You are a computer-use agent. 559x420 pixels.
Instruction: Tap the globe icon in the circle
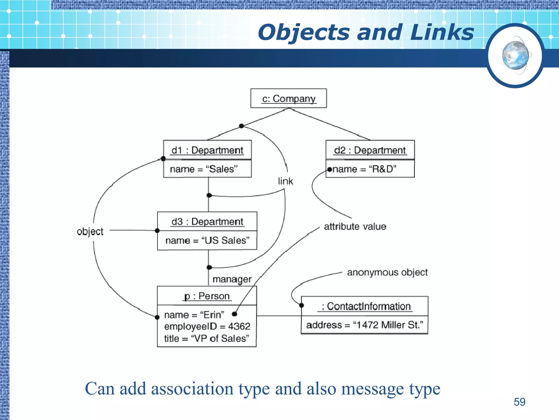(x=516, y=56)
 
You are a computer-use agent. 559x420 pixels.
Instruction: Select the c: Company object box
(x=289, y=98)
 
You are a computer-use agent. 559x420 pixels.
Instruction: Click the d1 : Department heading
(x=207, y=150)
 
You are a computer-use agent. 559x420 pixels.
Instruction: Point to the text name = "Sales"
(x=204, y=169)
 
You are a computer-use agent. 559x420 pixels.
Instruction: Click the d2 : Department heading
(x=370, y=150)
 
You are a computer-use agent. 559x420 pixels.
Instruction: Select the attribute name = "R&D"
(x=364, y=169)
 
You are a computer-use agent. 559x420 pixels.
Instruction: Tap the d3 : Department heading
(x=207, y=222)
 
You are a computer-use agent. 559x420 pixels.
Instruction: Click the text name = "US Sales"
(x=207, y=241)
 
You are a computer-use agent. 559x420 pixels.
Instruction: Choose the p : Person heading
(x=207, y=296)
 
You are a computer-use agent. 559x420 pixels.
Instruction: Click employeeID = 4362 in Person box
(x=207, y=326)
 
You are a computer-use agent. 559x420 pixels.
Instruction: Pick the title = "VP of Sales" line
(x=206, y=339)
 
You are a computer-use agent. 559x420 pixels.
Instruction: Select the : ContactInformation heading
(x=366, y=307)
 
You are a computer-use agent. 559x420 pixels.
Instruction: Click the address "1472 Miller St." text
(x=364, y=325)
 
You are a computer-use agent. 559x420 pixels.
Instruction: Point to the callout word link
(x=286, y=181)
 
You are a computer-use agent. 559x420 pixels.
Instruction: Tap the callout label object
(x=90, y=232)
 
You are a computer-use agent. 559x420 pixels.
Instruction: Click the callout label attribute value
(x=355, y=227)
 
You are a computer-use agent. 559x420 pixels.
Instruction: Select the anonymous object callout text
(x=387, y=273)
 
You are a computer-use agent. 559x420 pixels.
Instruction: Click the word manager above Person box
(x=232, y=279)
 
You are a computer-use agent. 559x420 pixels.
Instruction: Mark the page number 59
(x=519, y=402)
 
